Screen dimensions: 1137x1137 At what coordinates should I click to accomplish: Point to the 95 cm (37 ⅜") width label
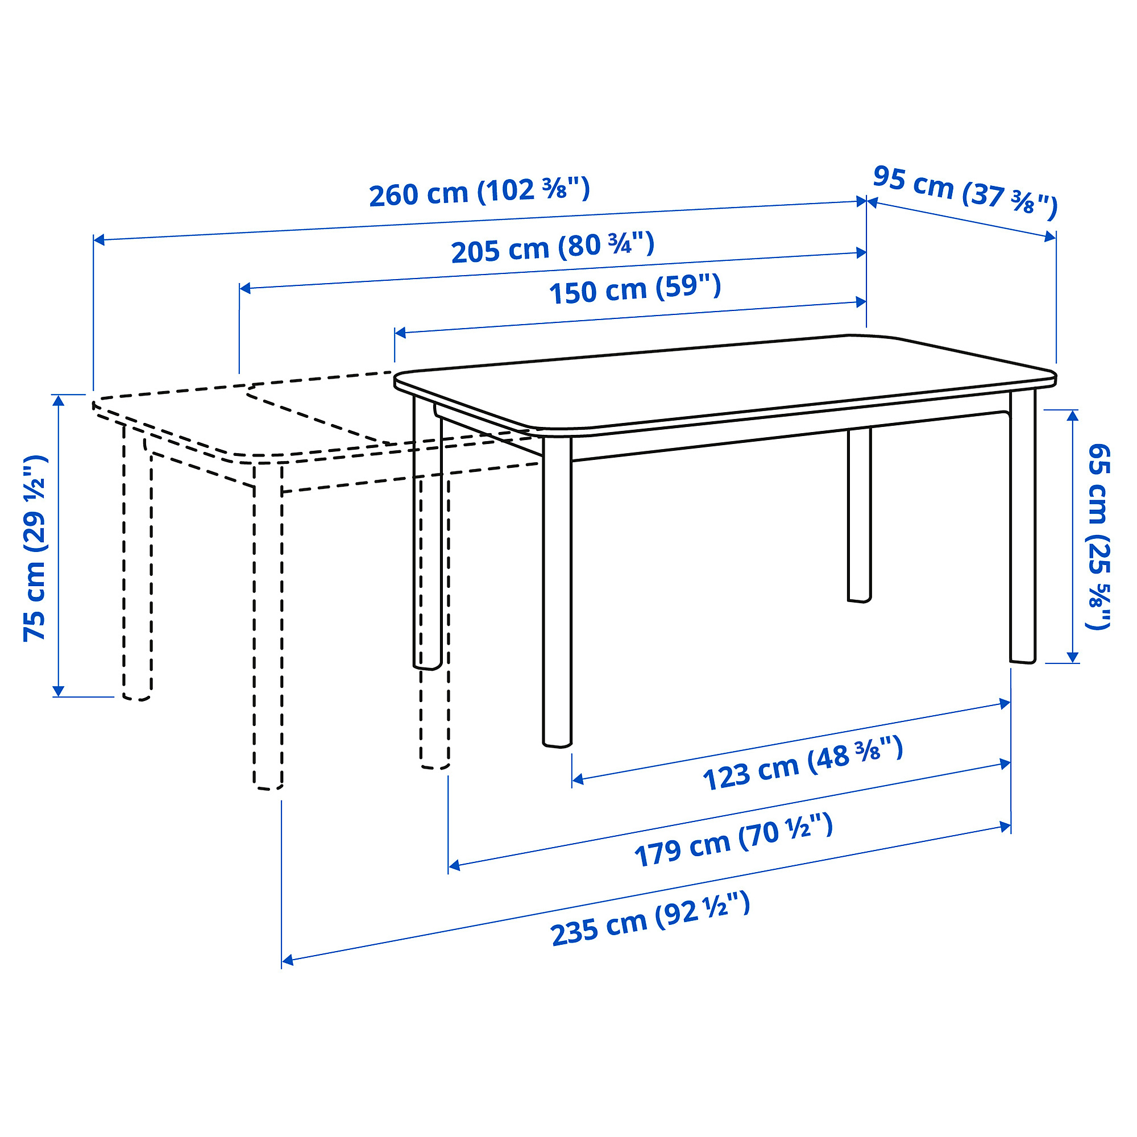tap(965, 193)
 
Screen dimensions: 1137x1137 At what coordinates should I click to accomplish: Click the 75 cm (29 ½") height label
tap(35, 547)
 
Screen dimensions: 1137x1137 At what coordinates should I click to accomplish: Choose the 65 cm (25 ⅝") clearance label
tap(1098, 536)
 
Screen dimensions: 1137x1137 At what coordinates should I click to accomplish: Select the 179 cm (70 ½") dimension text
tap(733, 840)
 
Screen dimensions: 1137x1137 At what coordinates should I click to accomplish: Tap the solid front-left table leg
tap(557, 595)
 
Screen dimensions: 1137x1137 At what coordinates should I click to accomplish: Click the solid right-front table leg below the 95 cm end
tap(1023, 530)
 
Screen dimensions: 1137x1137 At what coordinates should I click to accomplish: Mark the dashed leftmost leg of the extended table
tap(137, 565)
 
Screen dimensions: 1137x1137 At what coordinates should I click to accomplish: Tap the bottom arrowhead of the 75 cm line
tap(57, 690)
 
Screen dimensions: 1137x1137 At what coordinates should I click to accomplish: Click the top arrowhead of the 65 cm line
tap(1072, 416)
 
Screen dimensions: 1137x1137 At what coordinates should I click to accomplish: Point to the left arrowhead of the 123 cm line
tap(578, 779)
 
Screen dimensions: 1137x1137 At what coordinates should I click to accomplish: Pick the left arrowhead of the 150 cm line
tap(400, 333)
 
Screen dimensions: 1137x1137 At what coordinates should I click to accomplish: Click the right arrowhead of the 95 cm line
tap(1050, 236)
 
